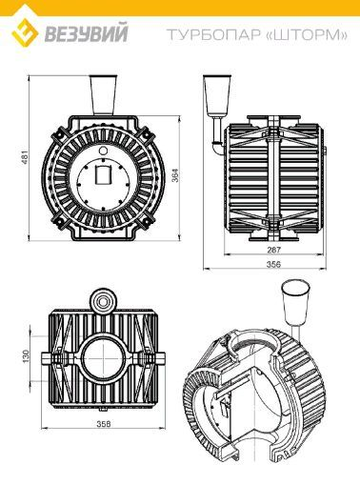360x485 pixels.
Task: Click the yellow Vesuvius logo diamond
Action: click(25, 32)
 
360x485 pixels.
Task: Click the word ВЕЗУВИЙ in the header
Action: click(86, 32)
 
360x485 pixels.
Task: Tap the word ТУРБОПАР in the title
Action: click(213, 34)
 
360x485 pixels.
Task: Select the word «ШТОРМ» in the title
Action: click(306, 34)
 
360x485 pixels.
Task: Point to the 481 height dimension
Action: click(25, 157)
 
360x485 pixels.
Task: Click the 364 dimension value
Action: click(175, 175)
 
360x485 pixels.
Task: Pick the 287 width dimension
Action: click(273, 250)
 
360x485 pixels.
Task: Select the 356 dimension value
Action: click(273, 264)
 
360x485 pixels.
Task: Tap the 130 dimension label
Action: click(26, 356)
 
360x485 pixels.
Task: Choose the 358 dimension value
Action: click(104, 424)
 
